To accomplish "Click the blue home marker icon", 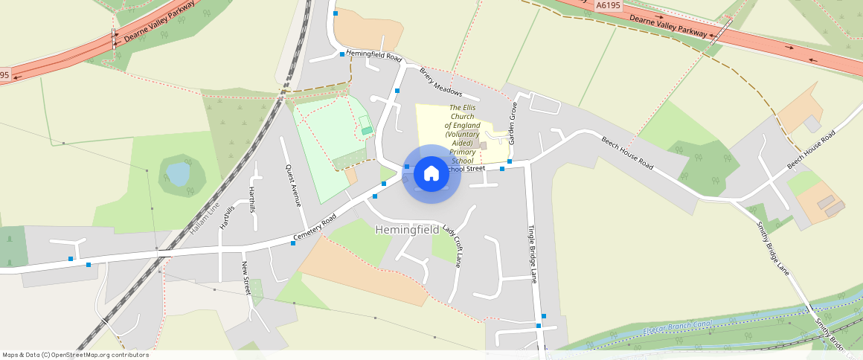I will click(x=431, y=174).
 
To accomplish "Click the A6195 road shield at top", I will click(x=608, y=4).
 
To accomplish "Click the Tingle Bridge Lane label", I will click(x=532, y=254).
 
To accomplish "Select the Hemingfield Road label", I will click(x=373, y=56).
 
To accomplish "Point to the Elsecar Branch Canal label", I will click(x=678, y=325).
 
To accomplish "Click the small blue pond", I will click(x=178, y=174).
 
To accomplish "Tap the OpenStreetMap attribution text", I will click(x=75, y=355).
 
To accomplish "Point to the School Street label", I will click(x=467, y=169).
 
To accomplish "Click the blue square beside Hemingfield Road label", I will click(x=342, y=54).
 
